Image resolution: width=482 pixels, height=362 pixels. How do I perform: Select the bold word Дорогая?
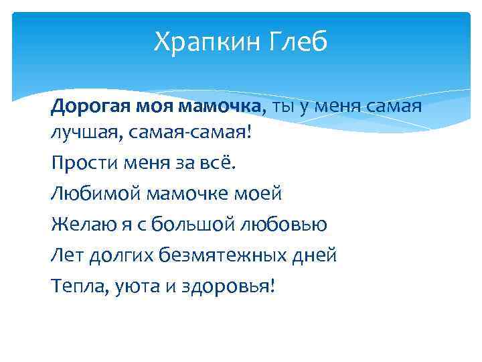click(x=92, y=105)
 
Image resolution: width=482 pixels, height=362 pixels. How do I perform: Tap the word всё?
click(x=217, y=163)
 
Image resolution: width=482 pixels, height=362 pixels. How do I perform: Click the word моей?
click(x=258, y=194)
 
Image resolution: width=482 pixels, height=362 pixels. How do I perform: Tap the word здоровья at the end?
click(x=222, y=286)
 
